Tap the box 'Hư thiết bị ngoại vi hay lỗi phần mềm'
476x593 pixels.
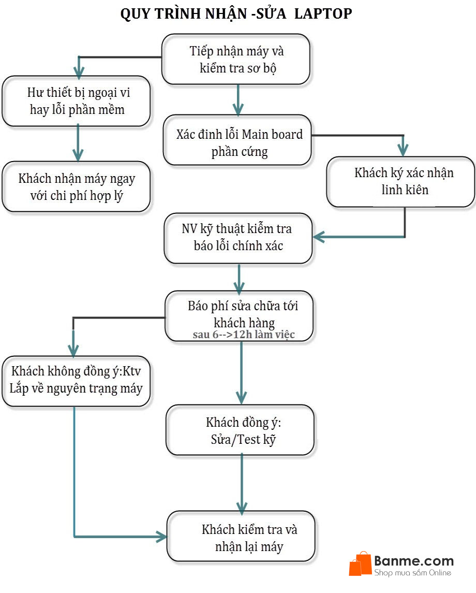coord(76,101)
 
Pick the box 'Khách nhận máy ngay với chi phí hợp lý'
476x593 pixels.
coord(76,186)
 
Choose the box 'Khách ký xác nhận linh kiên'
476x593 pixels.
coord(400,181)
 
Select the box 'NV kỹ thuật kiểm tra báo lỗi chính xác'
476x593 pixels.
coord(238,238)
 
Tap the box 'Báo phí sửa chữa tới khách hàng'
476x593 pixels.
coord(240,313)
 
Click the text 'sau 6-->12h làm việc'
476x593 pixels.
coord(244,335)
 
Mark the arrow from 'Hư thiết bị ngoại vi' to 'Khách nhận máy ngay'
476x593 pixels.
coord(78,142)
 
